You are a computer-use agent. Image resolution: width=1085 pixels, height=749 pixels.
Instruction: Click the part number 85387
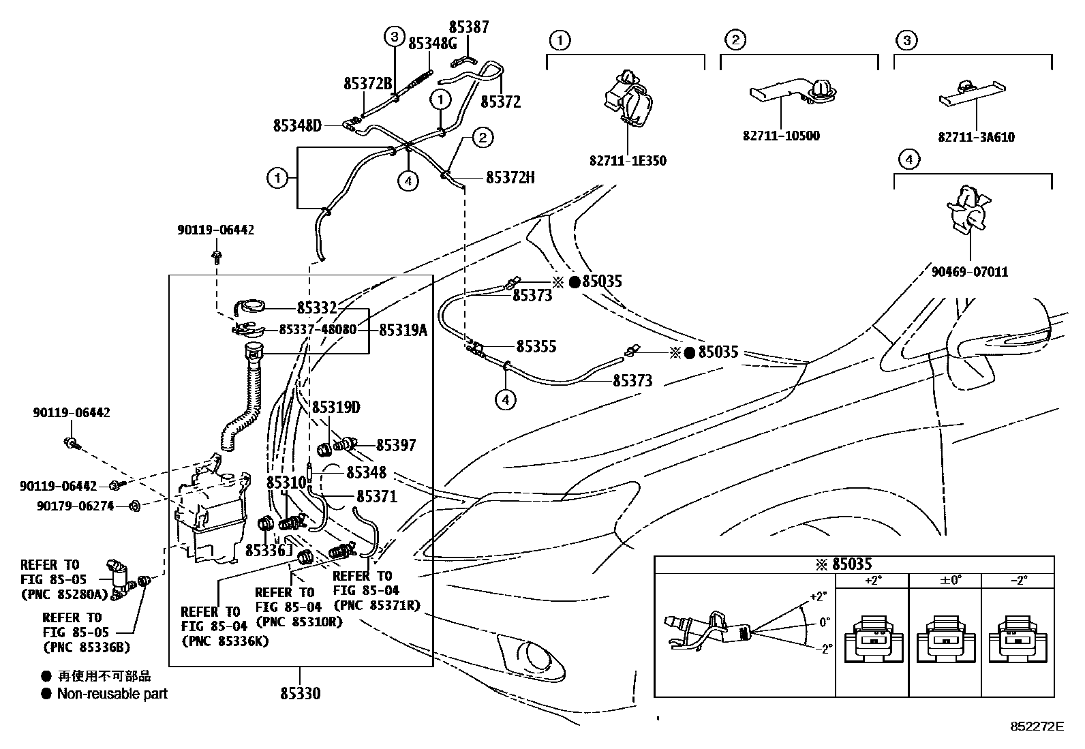pos(469,27)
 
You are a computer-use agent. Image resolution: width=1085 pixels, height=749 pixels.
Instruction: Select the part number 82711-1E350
pos(627,162)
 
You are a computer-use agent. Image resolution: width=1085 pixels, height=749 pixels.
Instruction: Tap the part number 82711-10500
pos(781,136)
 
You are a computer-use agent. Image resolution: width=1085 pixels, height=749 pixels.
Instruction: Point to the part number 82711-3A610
pos(976,137)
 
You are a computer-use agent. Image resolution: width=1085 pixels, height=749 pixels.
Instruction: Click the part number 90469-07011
pos(970,272)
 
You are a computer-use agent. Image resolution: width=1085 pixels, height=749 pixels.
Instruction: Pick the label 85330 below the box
pos(300,694)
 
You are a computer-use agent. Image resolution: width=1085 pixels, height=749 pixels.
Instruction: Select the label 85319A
pos(403,330)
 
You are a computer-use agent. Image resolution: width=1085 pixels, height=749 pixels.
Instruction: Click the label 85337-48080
pos(318,329)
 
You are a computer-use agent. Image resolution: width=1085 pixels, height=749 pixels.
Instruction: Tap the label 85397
pos(396,445)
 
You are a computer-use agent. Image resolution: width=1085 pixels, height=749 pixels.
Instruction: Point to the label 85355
pos(536,346)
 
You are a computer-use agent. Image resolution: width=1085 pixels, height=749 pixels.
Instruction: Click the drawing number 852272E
pos(1037,727)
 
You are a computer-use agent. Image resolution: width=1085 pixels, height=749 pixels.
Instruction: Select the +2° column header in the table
pos(872,581)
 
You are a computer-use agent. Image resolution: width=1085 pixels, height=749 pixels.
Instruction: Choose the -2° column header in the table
pos(1018,581)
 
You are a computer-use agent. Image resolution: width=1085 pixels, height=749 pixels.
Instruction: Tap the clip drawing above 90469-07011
pos(968,211)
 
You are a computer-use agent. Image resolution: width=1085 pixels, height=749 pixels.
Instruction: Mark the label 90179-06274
pos(75,506)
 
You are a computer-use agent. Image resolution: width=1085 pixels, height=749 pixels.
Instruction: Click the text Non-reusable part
pos(112,694)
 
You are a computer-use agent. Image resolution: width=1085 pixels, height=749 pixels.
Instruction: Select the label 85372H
pos(510,178)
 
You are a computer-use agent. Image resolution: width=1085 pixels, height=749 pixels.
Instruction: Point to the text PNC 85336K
pos(225,641)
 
